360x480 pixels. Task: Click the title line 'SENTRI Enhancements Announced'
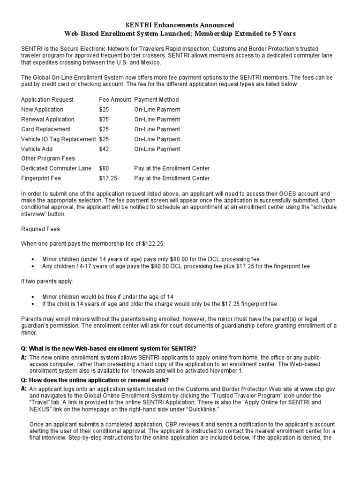tap(180, 24)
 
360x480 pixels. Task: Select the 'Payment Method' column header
tap(156, 100)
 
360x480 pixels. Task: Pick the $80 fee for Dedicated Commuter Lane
tap(104, 168)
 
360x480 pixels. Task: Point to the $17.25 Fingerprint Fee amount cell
tap(107, 178)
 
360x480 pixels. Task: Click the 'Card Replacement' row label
tap(45, 129)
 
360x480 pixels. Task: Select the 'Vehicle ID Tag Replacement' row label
tap(58, 139)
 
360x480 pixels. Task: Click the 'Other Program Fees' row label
tap(48, 158)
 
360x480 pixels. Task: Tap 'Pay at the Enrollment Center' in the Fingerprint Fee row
tap(172, 178)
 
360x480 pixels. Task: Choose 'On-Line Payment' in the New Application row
tap(157, 110)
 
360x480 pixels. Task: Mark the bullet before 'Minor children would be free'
tap(32, 297)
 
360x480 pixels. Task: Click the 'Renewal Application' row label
tap(47, 120)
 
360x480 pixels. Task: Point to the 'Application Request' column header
tap(47, 100)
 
